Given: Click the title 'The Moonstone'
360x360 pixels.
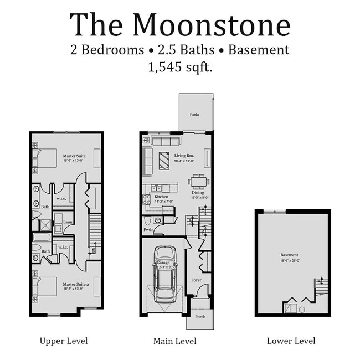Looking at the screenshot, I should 179,24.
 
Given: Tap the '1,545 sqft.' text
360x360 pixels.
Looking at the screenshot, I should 179,68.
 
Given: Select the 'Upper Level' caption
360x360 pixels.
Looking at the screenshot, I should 63,341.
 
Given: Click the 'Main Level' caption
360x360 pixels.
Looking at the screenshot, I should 174,341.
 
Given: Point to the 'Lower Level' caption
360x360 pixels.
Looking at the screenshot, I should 291,341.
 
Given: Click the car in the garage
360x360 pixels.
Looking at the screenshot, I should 164,274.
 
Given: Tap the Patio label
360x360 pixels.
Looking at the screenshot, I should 194,115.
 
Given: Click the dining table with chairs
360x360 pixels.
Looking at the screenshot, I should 198,181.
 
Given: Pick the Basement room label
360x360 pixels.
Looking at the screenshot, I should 289,255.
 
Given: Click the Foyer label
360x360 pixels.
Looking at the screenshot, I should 197,280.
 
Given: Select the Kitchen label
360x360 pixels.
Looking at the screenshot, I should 161,197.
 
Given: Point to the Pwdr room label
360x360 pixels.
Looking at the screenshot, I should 148,229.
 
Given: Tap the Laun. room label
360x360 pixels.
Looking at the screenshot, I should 68,222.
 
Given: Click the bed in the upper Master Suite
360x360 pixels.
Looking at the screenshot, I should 45,158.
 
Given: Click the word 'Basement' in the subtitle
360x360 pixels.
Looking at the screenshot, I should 259,50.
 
